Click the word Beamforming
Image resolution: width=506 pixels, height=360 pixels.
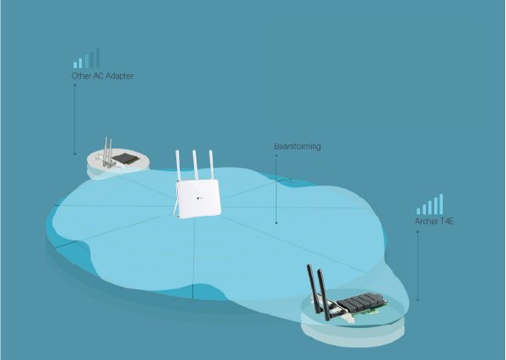[x=297, y=147]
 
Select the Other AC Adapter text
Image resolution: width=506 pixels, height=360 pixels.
[x=102, y=76]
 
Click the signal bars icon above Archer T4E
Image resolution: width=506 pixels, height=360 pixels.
[x=429, y=205]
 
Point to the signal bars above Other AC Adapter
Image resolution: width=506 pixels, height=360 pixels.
[x=86, y=58]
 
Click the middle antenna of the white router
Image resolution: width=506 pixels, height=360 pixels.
[x=195, y=166]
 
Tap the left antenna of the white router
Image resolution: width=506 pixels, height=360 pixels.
[x=179, y=166]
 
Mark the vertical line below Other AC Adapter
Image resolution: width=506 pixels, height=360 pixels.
[x=74, y=118]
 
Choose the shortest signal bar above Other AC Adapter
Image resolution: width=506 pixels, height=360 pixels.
[x=74, y=64]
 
